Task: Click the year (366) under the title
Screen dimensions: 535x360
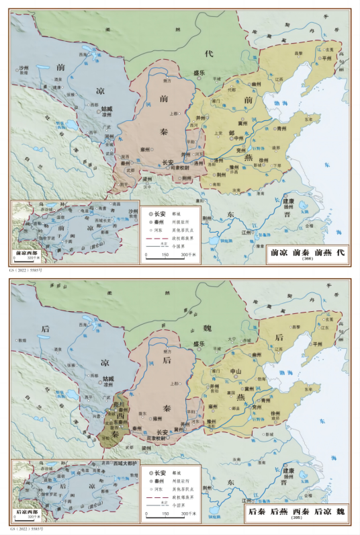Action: tap(308, 259)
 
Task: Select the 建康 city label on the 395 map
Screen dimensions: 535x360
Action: tap(288, 464)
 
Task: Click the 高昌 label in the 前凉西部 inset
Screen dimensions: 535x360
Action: tap(117, 204)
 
